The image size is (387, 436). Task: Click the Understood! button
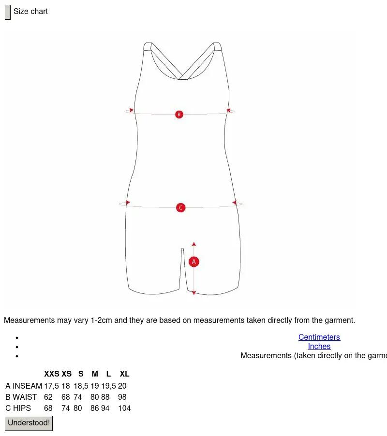pyautogui.click(x=29, y=423)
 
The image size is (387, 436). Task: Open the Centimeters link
pyautogui.click(x=319, y=337)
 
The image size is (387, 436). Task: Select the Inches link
pyautogui.click(x=319, y=346)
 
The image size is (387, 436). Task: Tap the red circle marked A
pyautogui.click(x=194, y=262)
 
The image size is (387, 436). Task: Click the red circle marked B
pyautogui.click(x=179, y=114)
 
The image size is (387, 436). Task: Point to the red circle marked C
pyautogui.click(x=181, y=207)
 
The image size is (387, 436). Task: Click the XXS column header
pyautogui.click(x=51, y=374)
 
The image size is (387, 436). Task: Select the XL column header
pyautogui.click(x=124, y=374)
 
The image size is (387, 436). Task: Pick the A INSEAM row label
pyautogui.click(x=24, y=386)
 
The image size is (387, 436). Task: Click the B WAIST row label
pyautogui.click(x=21, y=397)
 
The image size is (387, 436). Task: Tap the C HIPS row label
pyautogui.click(x=18, y=408)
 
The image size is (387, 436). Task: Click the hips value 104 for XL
pyautogui.click(x=124, y=408)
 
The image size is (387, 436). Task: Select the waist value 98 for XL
pyautogui.click(x=122, y=397)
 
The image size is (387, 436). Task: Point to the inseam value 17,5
pyautogui.click(x=51, y=386)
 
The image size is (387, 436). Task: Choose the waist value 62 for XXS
pyautogui.click(x=48, y=397)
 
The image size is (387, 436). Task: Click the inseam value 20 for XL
pyautogui.click(x=122, y=386)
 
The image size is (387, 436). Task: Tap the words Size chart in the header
pyautogui.click(x=30, y=12)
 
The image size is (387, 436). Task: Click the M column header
pyautogui.click(x=95, y=374)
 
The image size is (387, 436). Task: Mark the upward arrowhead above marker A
pyautogui.click(x=194, y=244)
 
